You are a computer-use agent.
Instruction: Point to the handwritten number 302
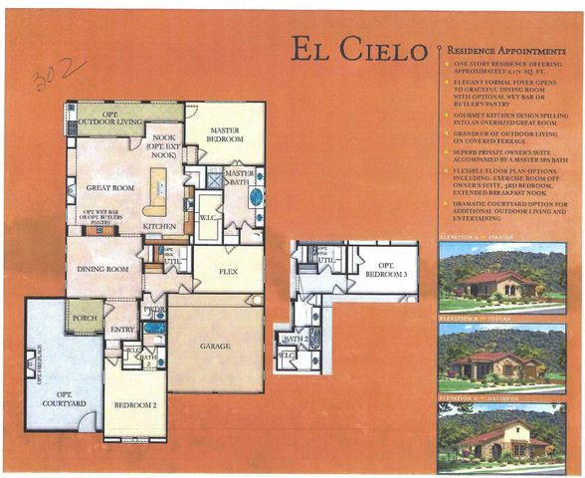46,77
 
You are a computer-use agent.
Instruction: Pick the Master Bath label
240,175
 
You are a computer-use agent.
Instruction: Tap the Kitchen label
159,226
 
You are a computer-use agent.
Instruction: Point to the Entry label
122,329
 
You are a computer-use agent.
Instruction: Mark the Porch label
85,320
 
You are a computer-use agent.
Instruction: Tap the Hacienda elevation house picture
501,436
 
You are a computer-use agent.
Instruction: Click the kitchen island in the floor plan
156,191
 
